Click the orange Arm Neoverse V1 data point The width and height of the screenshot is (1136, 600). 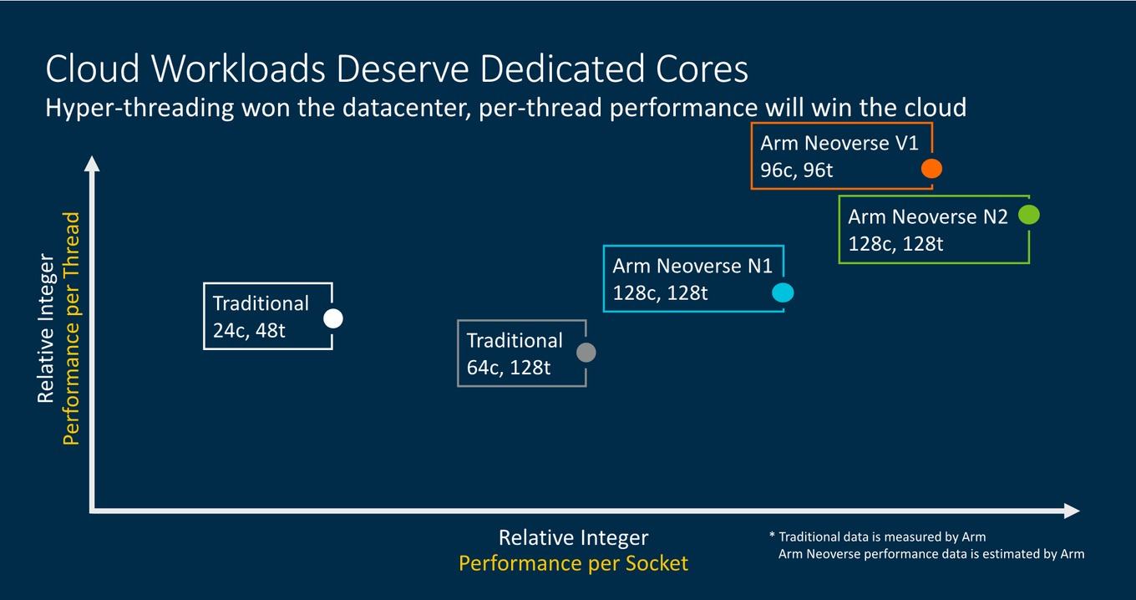pyautogui.click(x=931, y=169)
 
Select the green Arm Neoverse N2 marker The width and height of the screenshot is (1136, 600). pyautogui.click(x=1029, y=215)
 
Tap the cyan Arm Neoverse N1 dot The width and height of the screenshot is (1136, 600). pyautogui.click(x=783, y=292)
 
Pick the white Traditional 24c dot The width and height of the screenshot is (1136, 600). pyautogui.click(x=333, y=318)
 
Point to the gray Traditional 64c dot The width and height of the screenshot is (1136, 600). pyautogui.click(x=586, y=353)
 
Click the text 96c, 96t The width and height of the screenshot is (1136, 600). pyautogui.click(x=796, y=170)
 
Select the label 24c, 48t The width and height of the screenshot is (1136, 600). pyautogui.click(x=249, y=331)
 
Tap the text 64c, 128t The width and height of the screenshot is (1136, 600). pyautogui.click(x=508, y=368)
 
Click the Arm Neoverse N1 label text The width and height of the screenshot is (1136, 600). pyautogui.click(x=692, y=266)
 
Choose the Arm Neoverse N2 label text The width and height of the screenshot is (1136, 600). pyautogui.click(x=927, y=216)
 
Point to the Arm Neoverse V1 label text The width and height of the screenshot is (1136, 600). pyautogui.click(x=839, y=143)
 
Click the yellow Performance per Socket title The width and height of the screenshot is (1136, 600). pyautogui.click(x=574, y=563)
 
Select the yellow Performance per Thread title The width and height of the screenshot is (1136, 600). pyautogui.click(x=71, y=328)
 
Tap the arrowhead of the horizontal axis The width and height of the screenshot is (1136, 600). pyautogui.click(x=1072, y=511)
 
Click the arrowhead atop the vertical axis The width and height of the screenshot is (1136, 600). pyautogui.click(x=92, y=163)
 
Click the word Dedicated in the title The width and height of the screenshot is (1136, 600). pyautogui.click(x=562, y=69)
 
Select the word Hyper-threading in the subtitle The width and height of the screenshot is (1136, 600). pyautogui.click(x=139, y=109)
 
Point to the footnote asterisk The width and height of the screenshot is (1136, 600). pyautogui.click(x=773, y=535)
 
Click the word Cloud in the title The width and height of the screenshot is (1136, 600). pyautogui.click(x=92, y=69)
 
